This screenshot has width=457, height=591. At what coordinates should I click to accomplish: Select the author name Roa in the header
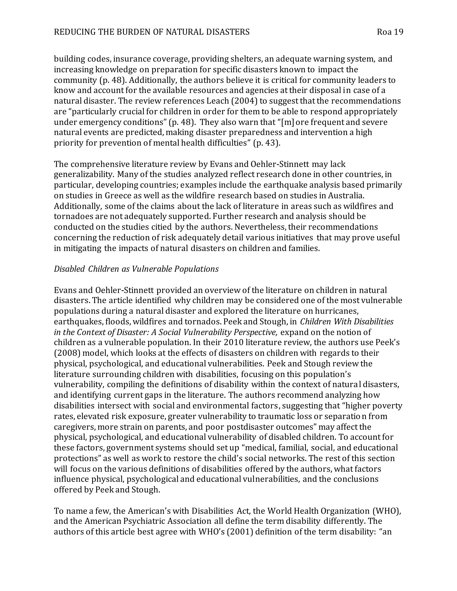383,32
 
